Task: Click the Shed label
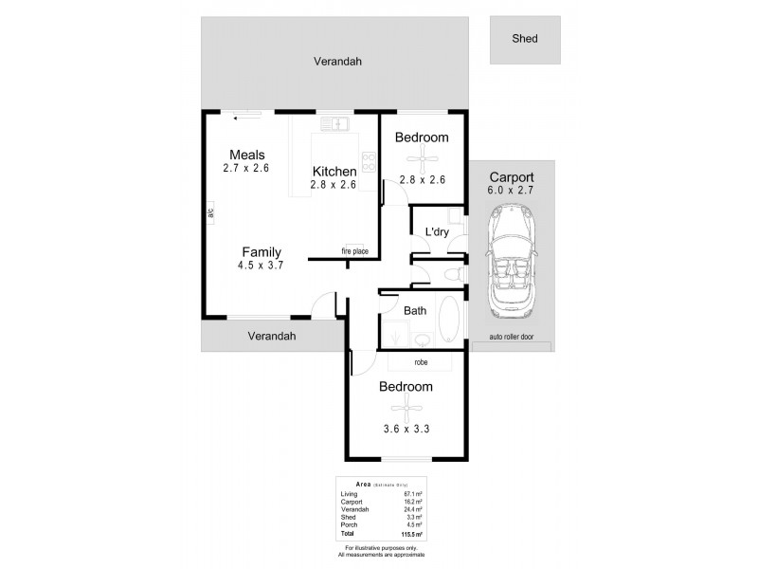[x=524, y=39]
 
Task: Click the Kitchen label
[x=334, y=171]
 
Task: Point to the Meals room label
[x=246, y=155]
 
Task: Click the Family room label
[x=261, y=251]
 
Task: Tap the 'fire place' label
[x=355, y=251]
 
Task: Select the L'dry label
[x=436, y=231]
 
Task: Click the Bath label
[x=415, y=310]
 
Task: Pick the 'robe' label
[x=422, y=362]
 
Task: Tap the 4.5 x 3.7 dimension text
[x=261, y=266]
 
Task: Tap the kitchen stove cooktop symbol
[x=368, y=161]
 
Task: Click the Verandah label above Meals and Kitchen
[x=337, y=62]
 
